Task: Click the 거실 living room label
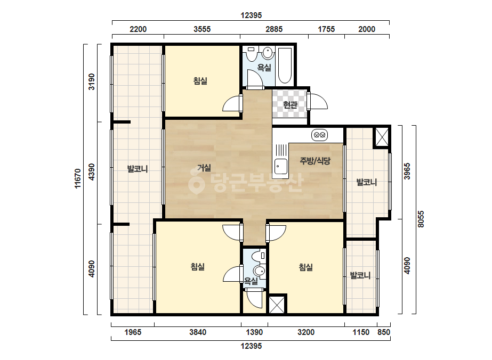204,168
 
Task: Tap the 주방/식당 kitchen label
315,161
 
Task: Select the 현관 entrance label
290,105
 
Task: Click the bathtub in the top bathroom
285,66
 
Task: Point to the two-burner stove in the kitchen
319,135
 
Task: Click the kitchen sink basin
281,166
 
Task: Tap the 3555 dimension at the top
202,29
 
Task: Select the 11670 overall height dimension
78,179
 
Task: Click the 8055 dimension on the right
421,219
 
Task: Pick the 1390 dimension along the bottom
254,332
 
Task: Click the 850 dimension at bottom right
383,332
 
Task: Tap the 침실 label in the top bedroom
200,81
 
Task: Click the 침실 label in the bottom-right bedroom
305,267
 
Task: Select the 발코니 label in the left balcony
138,169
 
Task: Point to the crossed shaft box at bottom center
277,304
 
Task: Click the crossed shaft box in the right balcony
382,137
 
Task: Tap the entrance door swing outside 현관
318,101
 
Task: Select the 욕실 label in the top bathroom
264,67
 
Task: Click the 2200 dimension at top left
138,29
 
